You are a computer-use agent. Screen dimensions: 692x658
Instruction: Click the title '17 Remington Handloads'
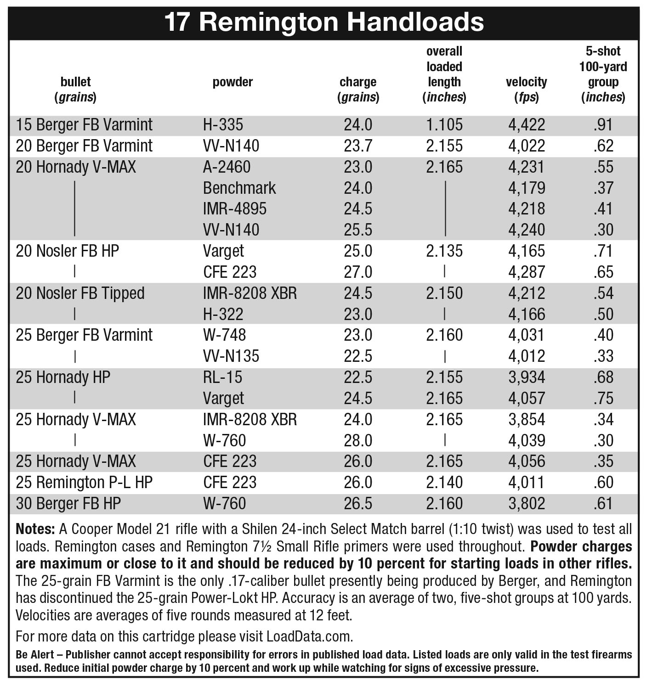324,22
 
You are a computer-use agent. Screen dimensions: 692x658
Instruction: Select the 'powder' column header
233,82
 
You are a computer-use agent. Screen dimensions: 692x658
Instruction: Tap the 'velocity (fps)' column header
526,90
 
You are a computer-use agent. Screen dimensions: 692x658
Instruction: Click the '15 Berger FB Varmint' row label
84,125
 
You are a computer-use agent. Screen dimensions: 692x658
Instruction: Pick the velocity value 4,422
527,125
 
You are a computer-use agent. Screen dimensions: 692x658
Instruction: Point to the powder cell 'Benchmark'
239,188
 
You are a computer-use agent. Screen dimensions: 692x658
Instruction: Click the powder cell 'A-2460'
227,167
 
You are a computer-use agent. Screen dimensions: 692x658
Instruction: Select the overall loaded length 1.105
444,125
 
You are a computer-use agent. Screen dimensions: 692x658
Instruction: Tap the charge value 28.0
358,440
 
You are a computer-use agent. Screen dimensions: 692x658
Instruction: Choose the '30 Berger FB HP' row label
68,504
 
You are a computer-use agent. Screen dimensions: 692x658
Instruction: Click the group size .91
603,125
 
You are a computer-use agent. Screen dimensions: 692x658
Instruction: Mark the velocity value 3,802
527,504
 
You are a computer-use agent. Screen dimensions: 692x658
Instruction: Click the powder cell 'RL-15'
222,377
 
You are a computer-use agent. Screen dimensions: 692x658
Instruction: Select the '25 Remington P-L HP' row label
84,483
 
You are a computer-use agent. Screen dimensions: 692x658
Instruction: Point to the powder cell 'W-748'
224,335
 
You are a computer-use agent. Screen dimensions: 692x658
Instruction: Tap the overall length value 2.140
444,483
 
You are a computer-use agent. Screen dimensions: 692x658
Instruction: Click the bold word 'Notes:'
35,529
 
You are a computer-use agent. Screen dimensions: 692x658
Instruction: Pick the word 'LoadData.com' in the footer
309,637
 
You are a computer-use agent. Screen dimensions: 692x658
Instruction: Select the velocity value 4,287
527,272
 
